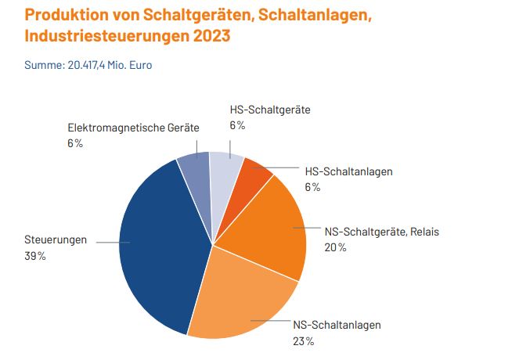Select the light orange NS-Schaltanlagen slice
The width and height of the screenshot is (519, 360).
tap(239, 301)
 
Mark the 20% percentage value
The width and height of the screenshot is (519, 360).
tap(335, 247)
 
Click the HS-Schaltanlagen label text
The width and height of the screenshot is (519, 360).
tap(348, 171)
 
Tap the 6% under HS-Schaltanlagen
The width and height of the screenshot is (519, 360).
tap(312, 186)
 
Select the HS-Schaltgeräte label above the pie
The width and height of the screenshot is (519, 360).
tap(270, 110)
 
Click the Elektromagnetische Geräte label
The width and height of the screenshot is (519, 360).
tap(123, 127)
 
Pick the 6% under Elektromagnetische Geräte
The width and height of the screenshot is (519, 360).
tap(75, 143)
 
